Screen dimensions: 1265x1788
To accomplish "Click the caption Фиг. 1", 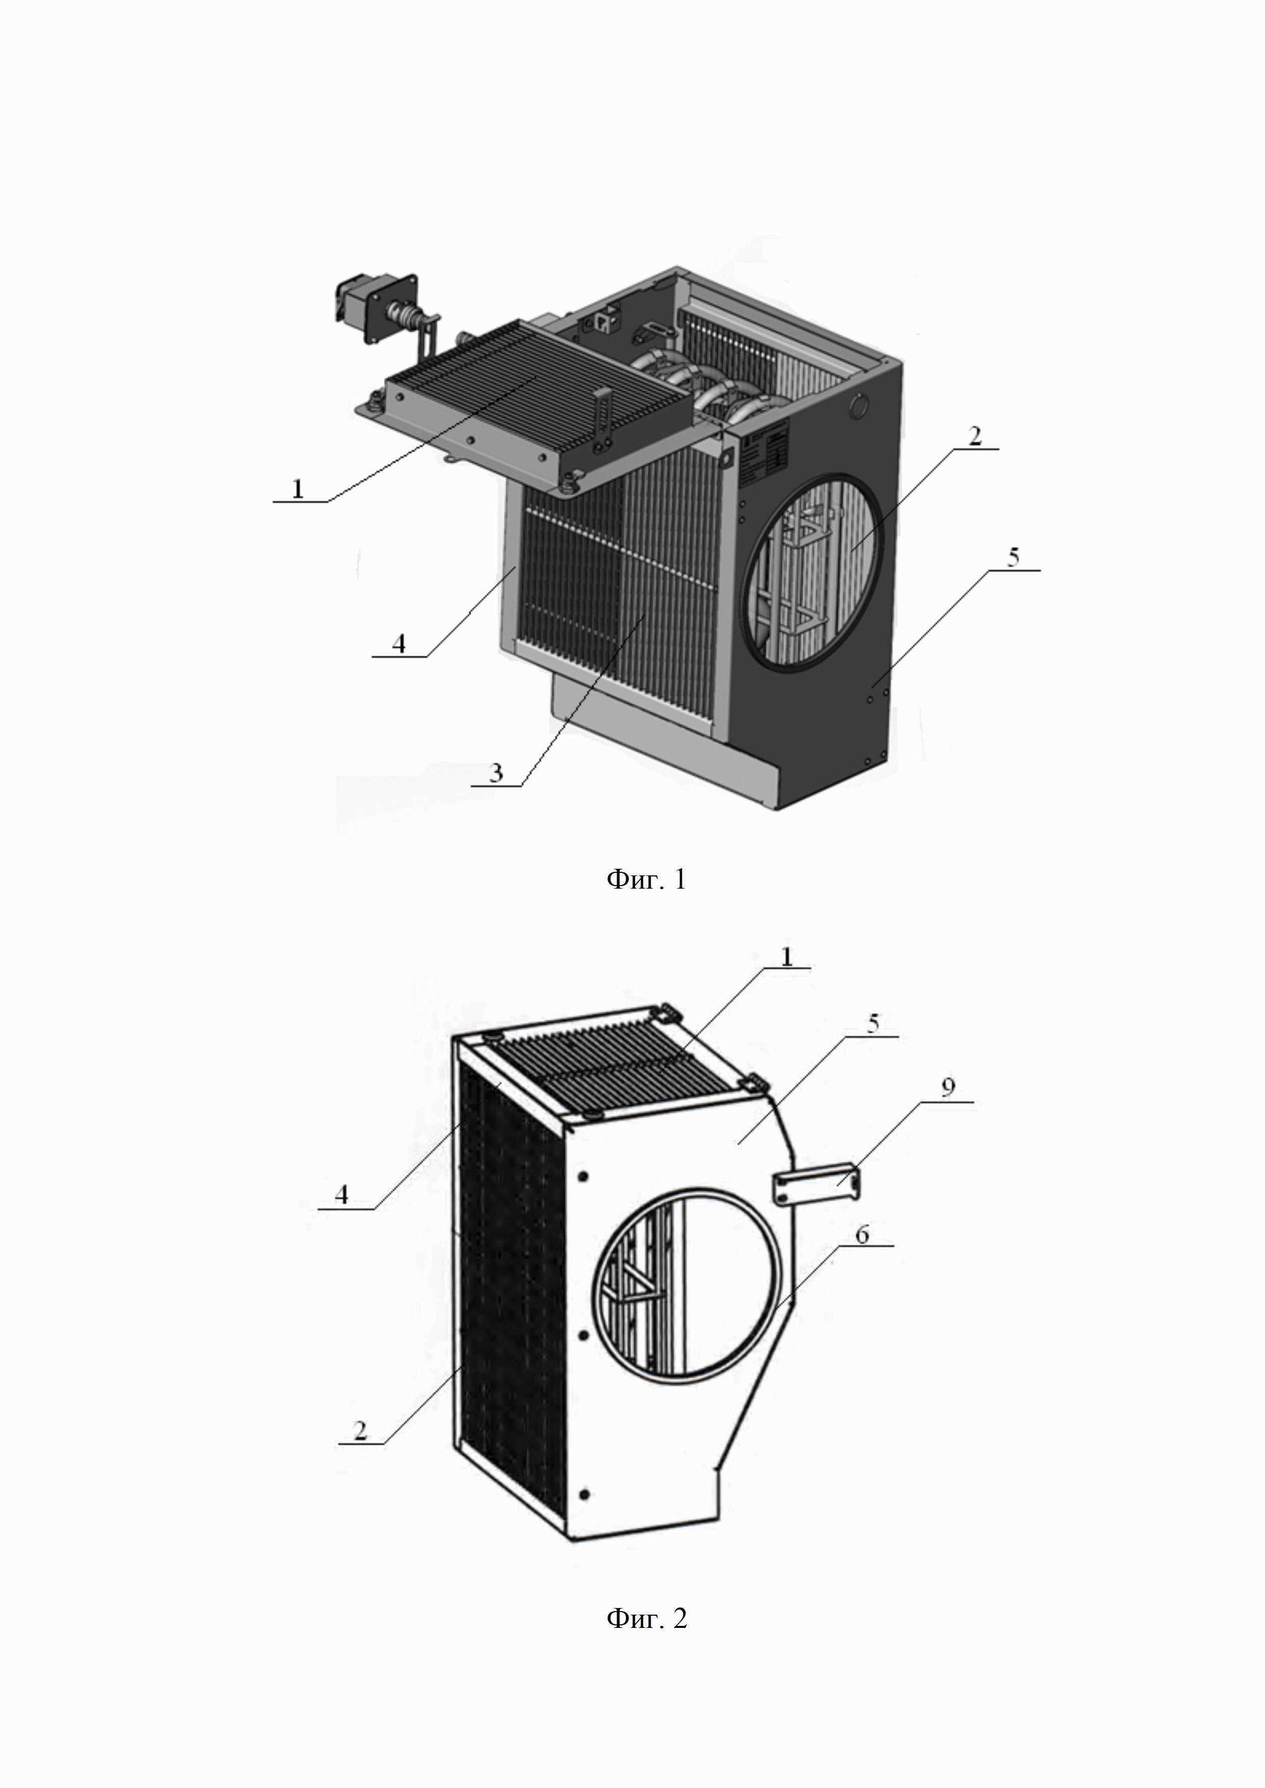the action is pos(646,880).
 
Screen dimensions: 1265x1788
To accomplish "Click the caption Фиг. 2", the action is pos(646,1618).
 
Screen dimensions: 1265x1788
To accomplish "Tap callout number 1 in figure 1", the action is pos(297,488).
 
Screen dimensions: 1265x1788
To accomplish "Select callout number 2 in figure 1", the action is pos(974,436).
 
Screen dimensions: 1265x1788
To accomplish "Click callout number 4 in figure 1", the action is pos(398,643).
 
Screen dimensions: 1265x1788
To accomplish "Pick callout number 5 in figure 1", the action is pos(1013,558).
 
